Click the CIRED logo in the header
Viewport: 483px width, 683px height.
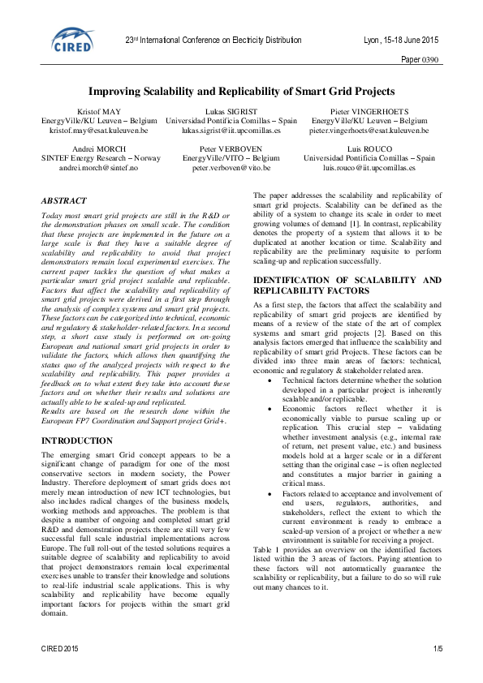pos(73,41)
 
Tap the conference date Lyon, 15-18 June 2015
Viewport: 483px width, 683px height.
pos(401,40)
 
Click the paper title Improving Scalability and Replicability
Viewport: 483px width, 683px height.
pos(241,92)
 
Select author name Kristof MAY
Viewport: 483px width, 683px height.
pos(99,110)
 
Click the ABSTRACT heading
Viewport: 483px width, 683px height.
pos(66,199)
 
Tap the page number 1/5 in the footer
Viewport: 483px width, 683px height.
pos(438,649)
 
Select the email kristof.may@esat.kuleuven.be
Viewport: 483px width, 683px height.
pos(99,129)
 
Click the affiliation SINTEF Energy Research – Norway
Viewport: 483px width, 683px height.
pos(99,157)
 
